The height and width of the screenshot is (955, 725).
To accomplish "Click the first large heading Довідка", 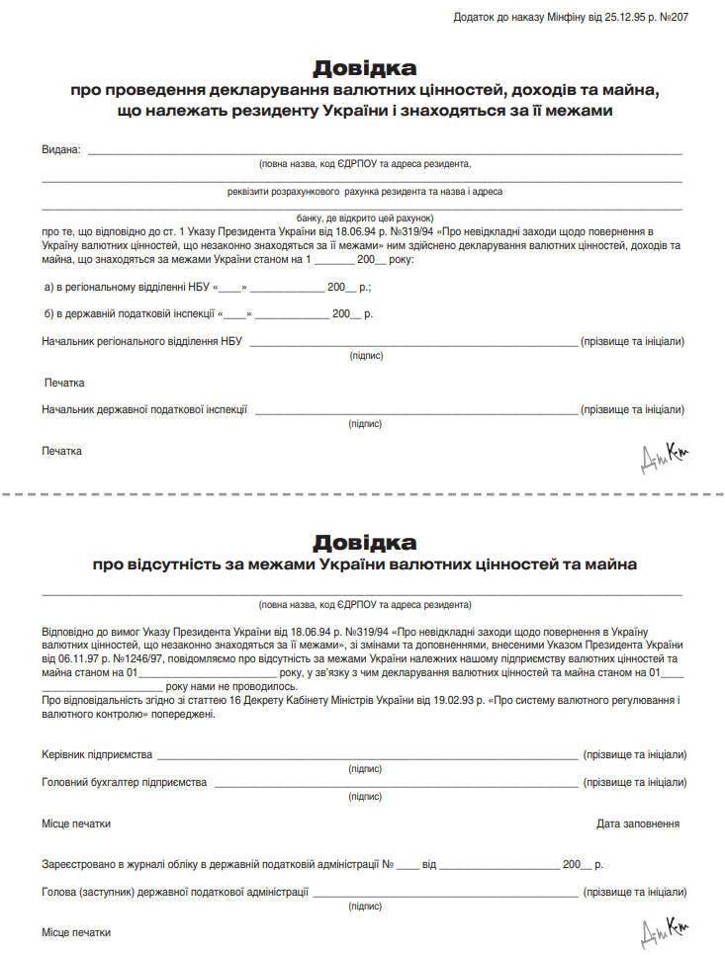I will (x=364, y=68).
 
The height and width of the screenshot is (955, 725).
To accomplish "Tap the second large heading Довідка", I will (x=364, y=542).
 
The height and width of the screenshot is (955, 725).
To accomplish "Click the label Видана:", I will (x=60, y=149).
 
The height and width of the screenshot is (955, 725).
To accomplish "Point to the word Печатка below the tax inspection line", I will (x=61, y=451).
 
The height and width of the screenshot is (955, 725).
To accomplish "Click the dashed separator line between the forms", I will (x=362, y=491).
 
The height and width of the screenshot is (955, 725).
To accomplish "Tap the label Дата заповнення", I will (x=638, y=824).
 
